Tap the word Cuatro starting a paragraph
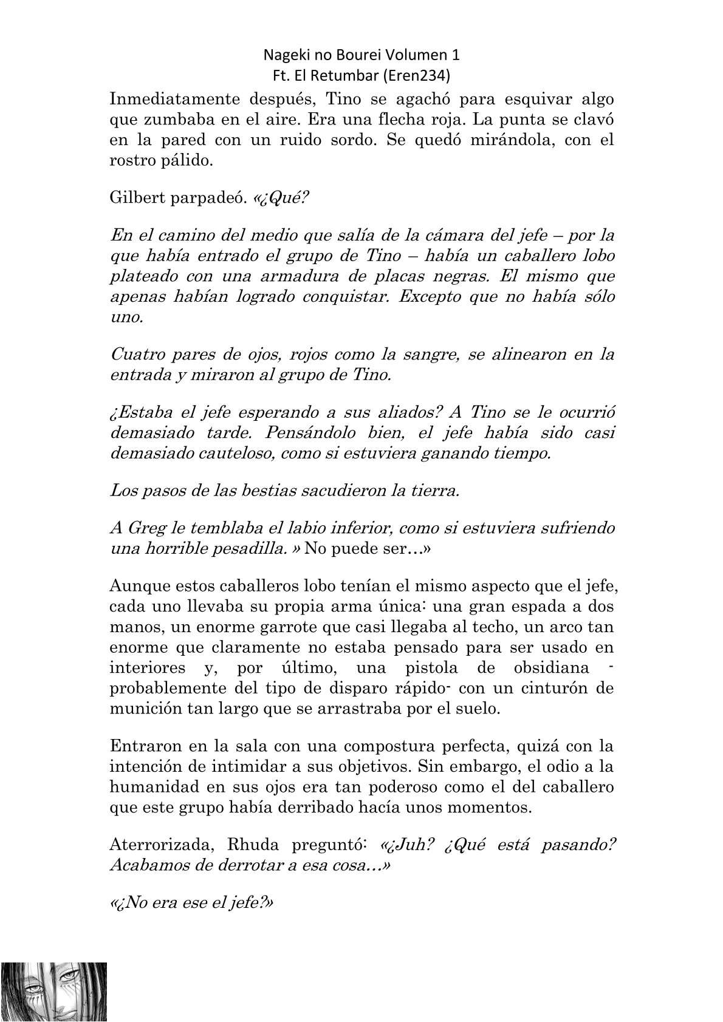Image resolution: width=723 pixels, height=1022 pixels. [x=133, y=353]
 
